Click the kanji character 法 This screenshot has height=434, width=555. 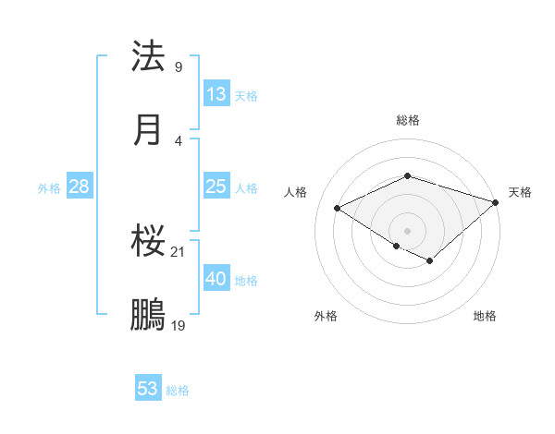(149, 57)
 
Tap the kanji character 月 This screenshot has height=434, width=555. (149, 129)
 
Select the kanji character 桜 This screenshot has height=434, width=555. (149, 242)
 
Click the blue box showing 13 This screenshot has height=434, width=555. (216, 94)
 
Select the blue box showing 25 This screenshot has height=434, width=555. (216, 187)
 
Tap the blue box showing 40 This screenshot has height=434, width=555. (216, 279)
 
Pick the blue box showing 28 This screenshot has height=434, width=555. (80, 187)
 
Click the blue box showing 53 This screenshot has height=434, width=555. (148, 389)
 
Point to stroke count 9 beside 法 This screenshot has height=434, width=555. (179, 66)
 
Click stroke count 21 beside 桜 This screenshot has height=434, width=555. (179, 251)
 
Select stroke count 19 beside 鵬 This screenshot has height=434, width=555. (179, 325)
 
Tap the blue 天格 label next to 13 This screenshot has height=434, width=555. (246, 96)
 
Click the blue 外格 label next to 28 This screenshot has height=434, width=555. (49, 188)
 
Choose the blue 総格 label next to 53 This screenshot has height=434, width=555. (178, 391)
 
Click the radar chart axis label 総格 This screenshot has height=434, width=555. (408, 120)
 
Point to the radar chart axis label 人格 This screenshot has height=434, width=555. (296, 192)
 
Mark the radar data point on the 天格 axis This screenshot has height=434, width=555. (497, 201)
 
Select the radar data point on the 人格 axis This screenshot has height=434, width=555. (338, 209)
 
